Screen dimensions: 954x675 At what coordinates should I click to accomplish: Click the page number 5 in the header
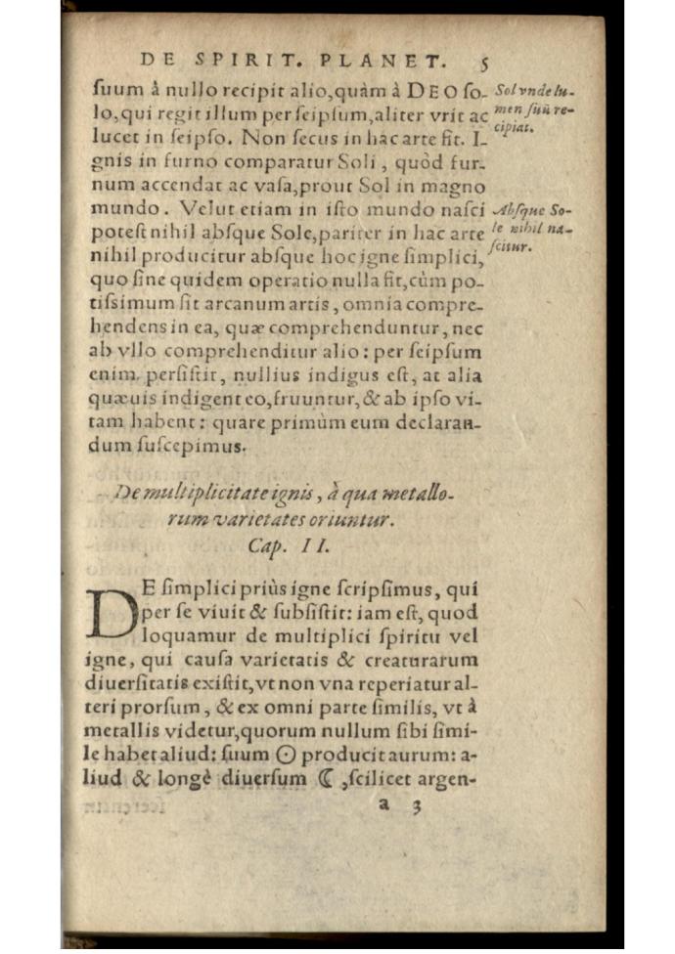click(485, 59)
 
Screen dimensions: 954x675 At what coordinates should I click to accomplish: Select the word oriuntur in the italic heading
click(357, 521)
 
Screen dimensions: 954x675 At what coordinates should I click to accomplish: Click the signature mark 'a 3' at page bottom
click(399, 806)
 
